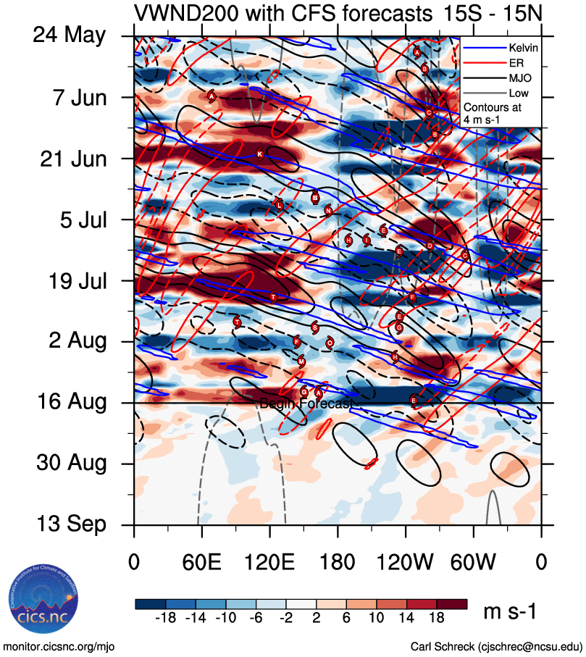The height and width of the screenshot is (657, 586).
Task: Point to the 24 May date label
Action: pos(69,35)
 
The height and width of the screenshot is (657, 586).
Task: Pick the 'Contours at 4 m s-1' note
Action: pos(492,112)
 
